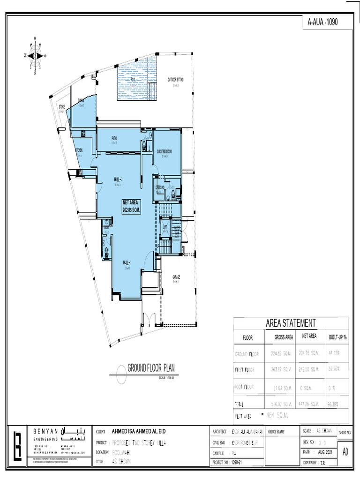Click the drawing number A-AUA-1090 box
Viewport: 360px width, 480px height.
(x=323, y=22)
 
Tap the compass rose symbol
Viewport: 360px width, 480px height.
(x=36, y=55)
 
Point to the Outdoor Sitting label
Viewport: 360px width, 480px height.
(x=176, y=80)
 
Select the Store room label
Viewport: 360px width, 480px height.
(x=62, y=107)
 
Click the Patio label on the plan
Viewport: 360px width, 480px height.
(x=114, y=138)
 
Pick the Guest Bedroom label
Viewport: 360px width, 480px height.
(x=164, y=151)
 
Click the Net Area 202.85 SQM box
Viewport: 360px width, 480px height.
(x=132, y=206)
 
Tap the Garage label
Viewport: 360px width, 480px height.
(x=176, y=277)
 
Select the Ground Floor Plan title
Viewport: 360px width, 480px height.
(x=151, y=367)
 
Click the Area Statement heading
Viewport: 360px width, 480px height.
(x=291, y=323)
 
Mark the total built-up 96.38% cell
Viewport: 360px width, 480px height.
(x=335, y=403)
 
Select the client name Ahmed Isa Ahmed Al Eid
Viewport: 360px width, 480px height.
(x=139, y=431)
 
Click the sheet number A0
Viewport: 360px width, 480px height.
(x=345, y=452)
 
